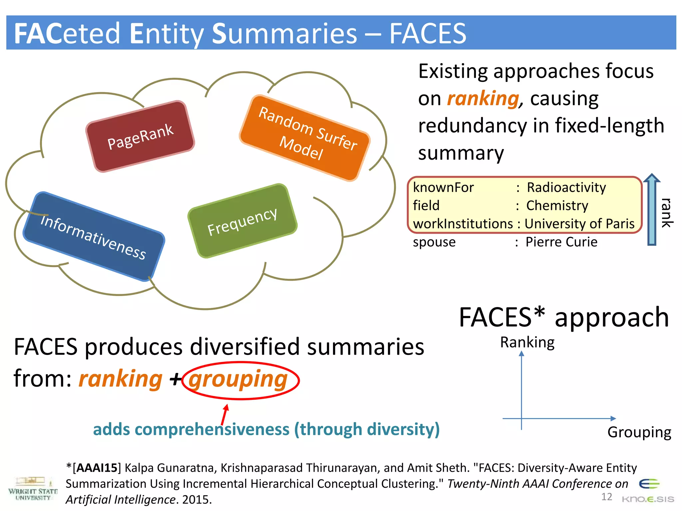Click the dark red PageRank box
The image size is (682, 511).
(140, 136)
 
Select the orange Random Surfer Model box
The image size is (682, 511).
(305, 138)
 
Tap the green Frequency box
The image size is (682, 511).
(242, 221)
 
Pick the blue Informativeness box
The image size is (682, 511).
(94, 237)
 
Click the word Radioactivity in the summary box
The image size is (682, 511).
(566, 188)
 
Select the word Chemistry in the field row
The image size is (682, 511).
(557, 206)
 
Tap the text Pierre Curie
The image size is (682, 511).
(561, 242)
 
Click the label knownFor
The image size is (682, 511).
(443, 188)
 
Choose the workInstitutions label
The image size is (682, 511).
(463, 224)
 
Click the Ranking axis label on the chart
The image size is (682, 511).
(527, 342)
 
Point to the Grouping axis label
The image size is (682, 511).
(639, 432)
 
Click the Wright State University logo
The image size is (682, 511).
(33, 489)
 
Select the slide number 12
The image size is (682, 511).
(606, 497)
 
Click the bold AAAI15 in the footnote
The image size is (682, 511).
(97, 468)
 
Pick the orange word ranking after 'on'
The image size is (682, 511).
(483, 98)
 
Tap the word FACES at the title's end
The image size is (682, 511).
(428, 33)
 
